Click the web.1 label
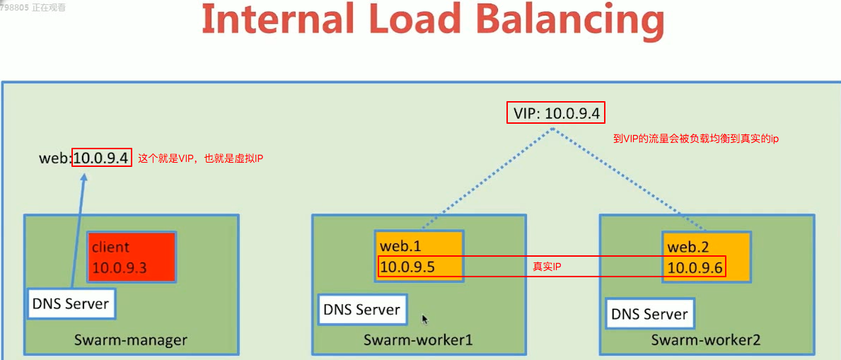pyautogui.click(x=400, y=246)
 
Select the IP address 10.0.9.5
pyautogui.click(x=407, y=267)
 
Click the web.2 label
pyautogui.click(x=688, y=247)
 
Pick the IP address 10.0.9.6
pyautogui.click(x=695, y=267)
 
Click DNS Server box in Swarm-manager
pyautogui.click(x=71, y=304)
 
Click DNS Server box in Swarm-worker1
pyautogui.click(x=361, y=309)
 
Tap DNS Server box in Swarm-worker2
pyautogui.click(x=649, y=314)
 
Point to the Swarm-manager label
pyautogui.click(x=131, y=340)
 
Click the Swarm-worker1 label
pyautogui.click(x=418, y=340)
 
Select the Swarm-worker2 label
pyautogui.click(x=706, y=340)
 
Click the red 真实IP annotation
pyautogui.click(x=547, y=267)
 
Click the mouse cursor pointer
pyautogui.click(x=425, y=319)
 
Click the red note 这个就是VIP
pyautogui.click(x=200, y=158)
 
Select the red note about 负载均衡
pyautogui.click(x=695, y=139)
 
